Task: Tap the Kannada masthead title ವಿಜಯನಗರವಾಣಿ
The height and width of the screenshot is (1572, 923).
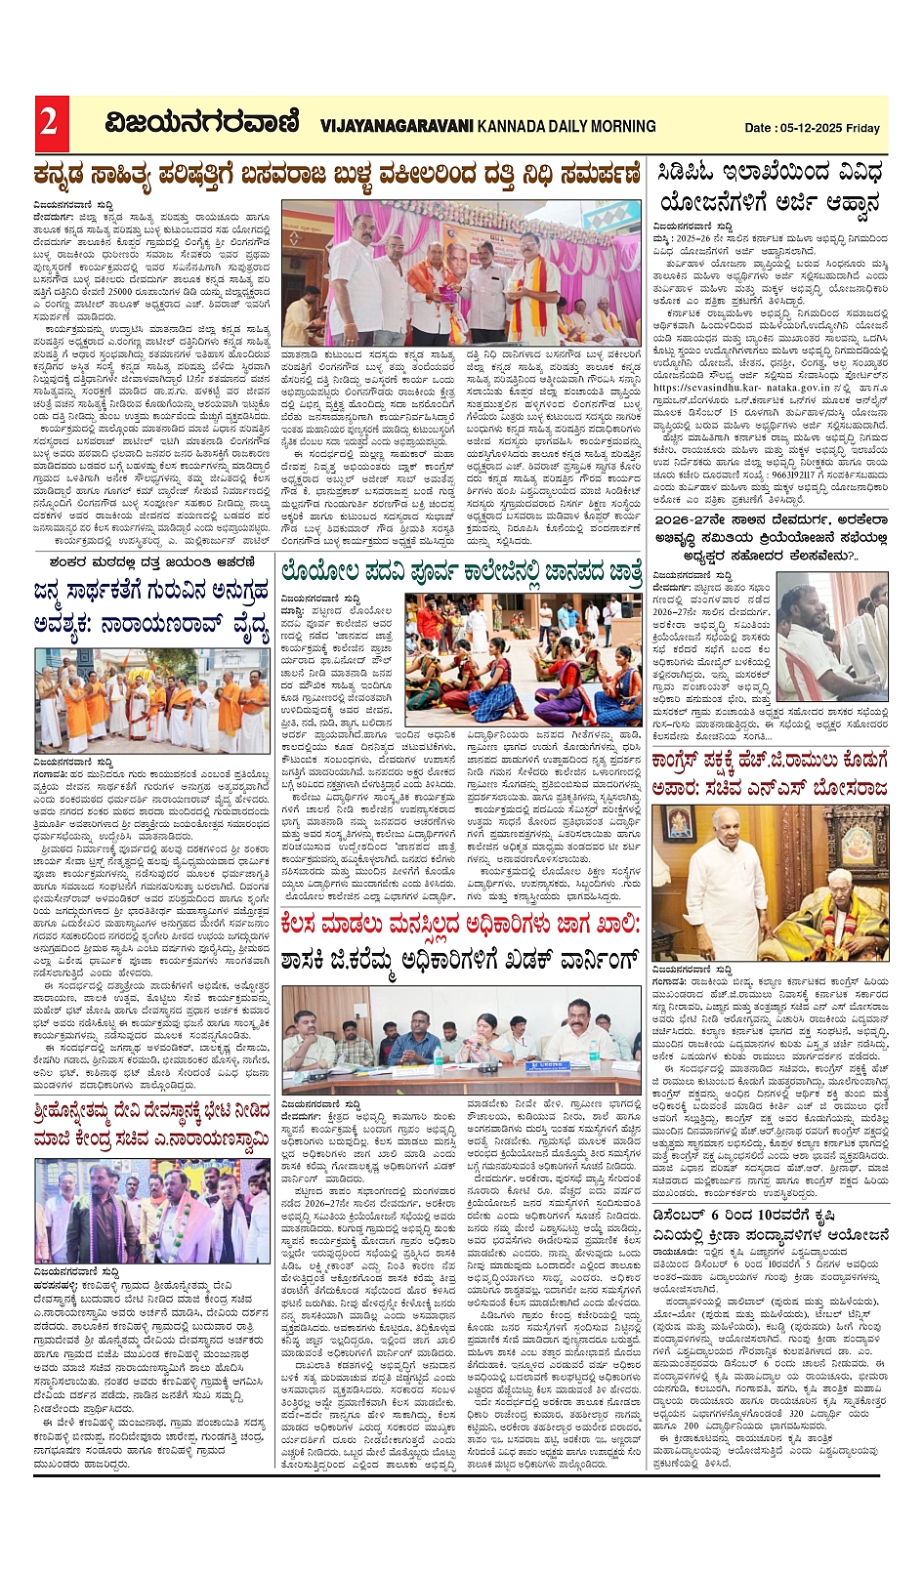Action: click(202, 124)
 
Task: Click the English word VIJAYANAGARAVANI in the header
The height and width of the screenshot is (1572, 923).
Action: click(396, 126)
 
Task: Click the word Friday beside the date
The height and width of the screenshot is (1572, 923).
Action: click(863, 128)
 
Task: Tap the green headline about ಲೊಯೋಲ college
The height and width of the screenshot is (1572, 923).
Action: click(461, 572)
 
